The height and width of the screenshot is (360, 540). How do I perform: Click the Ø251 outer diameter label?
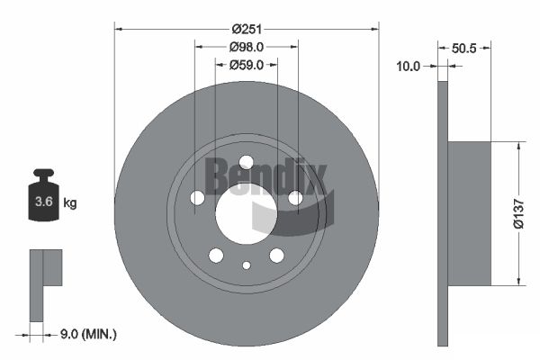247,30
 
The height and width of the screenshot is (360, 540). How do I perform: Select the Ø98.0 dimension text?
247,47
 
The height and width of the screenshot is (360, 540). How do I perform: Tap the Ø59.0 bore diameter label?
247,65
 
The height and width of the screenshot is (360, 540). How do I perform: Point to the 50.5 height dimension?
463,49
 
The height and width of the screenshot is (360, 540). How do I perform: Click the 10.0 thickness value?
409,66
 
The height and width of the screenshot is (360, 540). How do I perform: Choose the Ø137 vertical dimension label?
518,213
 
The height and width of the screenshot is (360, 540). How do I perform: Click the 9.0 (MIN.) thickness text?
88,334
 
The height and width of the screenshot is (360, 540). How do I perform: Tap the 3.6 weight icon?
44,194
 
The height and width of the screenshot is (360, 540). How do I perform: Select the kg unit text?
70,202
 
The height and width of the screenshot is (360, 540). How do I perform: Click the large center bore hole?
247,213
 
